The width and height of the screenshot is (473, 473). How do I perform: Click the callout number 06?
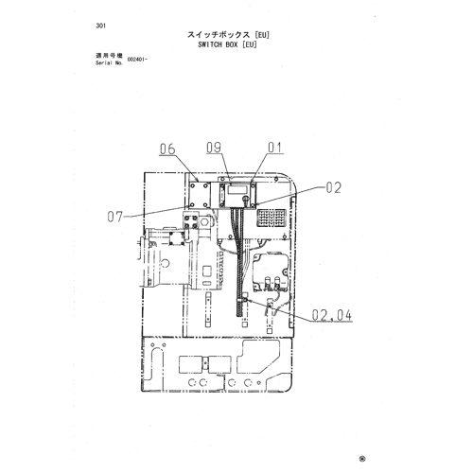tap(167, 149)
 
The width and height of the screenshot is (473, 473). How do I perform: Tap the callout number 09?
tap(214, 148)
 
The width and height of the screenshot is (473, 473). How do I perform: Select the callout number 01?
tap(275, 148)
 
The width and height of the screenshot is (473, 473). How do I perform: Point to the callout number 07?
tap(114, 217)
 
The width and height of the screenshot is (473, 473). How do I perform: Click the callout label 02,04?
tap(332, 315)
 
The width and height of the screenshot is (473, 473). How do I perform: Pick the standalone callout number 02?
tap(333, 187)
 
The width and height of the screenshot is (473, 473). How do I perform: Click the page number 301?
tap(101, 26)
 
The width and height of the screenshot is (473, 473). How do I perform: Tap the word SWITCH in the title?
tap(210, 44)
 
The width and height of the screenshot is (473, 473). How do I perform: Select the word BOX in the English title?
tap(232, 44)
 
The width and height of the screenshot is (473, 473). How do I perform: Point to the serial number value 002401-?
tap(137, 60)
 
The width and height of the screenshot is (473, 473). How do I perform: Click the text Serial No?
tap(110, 63)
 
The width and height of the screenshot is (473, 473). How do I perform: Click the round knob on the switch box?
tap(245, 199)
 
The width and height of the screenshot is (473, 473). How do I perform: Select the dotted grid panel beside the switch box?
tap(272, 218)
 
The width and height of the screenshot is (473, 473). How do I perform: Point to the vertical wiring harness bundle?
tap(239, 262)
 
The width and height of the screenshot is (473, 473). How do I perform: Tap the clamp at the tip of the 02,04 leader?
tap(244, 297)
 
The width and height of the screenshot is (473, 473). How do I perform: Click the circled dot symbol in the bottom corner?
tap(362, 459)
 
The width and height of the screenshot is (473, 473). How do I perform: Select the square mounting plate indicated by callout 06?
tap(199, 195)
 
